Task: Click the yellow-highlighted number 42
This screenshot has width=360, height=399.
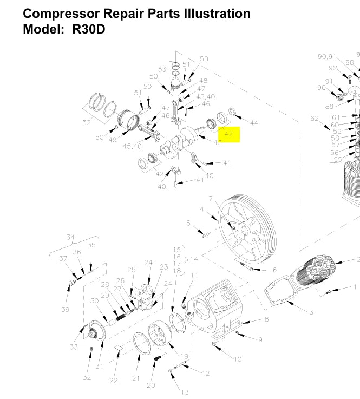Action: pos(228,134)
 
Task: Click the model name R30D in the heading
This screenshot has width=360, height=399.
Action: pos(88,29)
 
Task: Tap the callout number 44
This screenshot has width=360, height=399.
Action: pos(254,123)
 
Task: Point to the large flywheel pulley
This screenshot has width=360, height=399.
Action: pos(247,227)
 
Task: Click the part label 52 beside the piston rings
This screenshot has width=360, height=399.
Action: pos(87,123)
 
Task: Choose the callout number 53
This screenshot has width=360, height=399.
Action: pos(162,69)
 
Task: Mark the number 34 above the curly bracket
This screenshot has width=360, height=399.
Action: pos(70,237)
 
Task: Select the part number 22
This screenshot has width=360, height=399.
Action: pos(113,381)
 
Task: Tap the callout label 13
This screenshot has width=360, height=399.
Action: pos(185,393)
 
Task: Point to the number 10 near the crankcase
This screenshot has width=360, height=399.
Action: pos(238,359)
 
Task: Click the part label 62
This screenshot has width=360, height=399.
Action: pos(315,119)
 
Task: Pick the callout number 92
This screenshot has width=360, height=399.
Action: pos(333,68)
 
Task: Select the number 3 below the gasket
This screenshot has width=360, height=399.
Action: pos(311,312)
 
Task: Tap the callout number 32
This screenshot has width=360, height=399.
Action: pos(87,377)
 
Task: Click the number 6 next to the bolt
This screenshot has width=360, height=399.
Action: pos(274,270)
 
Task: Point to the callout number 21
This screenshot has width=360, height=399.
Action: pos(136,378)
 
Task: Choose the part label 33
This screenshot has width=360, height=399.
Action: pos(74,346)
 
